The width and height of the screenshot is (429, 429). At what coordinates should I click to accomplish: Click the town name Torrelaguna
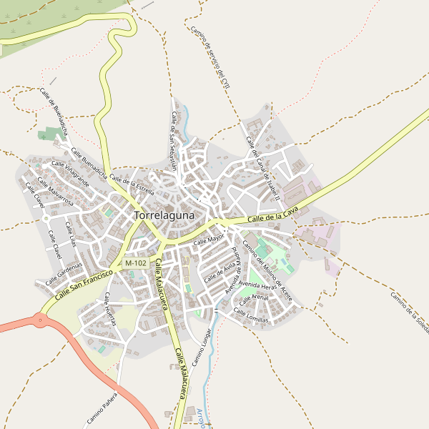169,214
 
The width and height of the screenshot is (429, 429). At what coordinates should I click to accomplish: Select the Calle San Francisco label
84,285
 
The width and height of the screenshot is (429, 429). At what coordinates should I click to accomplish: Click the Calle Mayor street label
209,240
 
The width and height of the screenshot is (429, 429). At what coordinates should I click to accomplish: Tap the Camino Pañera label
102,411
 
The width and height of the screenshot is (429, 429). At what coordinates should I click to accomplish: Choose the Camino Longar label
202,347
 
